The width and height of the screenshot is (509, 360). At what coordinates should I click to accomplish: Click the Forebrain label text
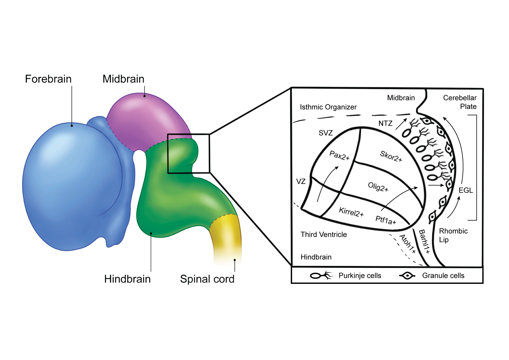(48, 79)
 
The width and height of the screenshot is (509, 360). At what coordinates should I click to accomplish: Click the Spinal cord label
(207, 279)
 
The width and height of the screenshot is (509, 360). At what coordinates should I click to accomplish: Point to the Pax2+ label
(339, 156)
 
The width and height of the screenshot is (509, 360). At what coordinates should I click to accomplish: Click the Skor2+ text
(391, 156)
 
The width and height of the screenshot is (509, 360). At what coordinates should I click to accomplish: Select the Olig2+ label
(378, 187)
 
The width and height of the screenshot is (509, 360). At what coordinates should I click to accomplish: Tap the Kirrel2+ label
(351, 212)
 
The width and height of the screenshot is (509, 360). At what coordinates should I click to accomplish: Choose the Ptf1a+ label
(386, 220)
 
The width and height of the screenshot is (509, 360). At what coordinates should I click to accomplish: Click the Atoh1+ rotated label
(408, 244)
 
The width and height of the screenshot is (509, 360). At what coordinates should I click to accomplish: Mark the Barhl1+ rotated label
(424, 241)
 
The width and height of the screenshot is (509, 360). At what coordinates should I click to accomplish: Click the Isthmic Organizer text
(328, 107)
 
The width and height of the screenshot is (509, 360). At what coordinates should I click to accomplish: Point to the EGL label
(465, 190)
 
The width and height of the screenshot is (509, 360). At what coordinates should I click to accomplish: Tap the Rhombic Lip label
(453, 235)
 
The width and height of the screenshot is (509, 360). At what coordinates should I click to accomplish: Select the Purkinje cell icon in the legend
(321, 275)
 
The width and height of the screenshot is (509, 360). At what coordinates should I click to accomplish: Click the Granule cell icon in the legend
(407, 276)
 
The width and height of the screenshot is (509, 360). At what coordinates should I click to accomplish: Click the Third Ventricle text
(324, 234)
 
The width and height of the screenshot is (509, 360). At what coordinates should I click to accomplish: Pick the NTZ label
(385, 124)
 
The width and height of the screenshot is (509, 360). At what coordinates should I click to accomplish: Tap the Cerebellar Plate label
(460, 102)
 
